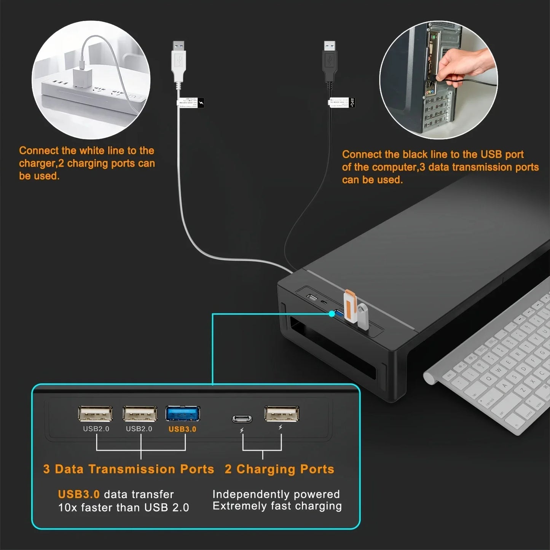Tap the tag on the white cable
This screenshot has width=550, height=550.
[x=191, y=103]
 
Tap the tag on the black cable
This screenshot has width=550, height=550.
[x=341, y=102]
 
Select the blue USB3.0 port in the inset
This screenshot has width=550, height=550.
[x=183, y=414]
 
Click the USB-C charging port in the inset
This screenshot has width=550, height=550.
[x=242, y=419]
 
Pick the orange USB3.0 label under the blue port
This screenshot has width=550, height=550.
[x=182, y=429]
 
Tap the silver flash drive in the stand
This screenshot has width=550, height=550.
[x=362, y=316]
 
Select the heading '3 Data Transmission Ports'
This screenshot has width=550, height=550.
[x=129, y=469]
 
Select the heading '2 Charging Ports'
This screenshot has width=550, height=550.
[x=279, y=469]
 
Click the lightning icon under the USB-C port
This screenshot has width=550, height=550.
[x=242, y=430]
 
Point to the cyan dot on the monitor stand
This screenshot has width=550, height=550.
[x=332, y=314]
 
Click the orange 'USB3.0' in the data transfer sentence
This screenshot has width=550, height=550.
[x=79, y=494]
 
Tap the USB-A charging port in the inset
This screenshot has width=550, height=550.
[x=282, y=414]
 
